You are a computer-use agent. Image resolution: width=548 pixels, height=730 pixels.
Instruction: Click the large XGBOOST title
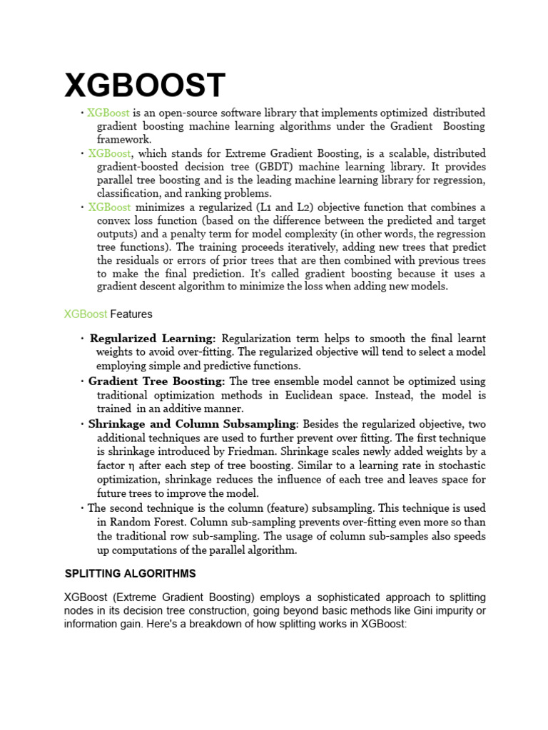click(x=145, y=86)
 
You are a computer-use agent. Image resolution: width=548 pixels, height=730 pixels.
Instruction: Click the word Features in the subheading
click(x=131, y=314)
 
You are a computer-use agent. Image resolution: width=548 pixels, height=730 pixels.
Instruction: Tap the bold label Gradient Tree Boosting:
click(x=157, y=381)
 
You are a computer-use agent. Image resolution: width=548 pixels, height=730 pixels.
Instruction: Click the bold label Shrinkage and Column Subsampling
click(x=192, y=423)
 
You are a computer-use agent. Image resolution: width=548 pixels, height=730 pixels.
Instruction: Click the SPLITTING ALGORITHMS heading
click(x=131, y=574)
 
